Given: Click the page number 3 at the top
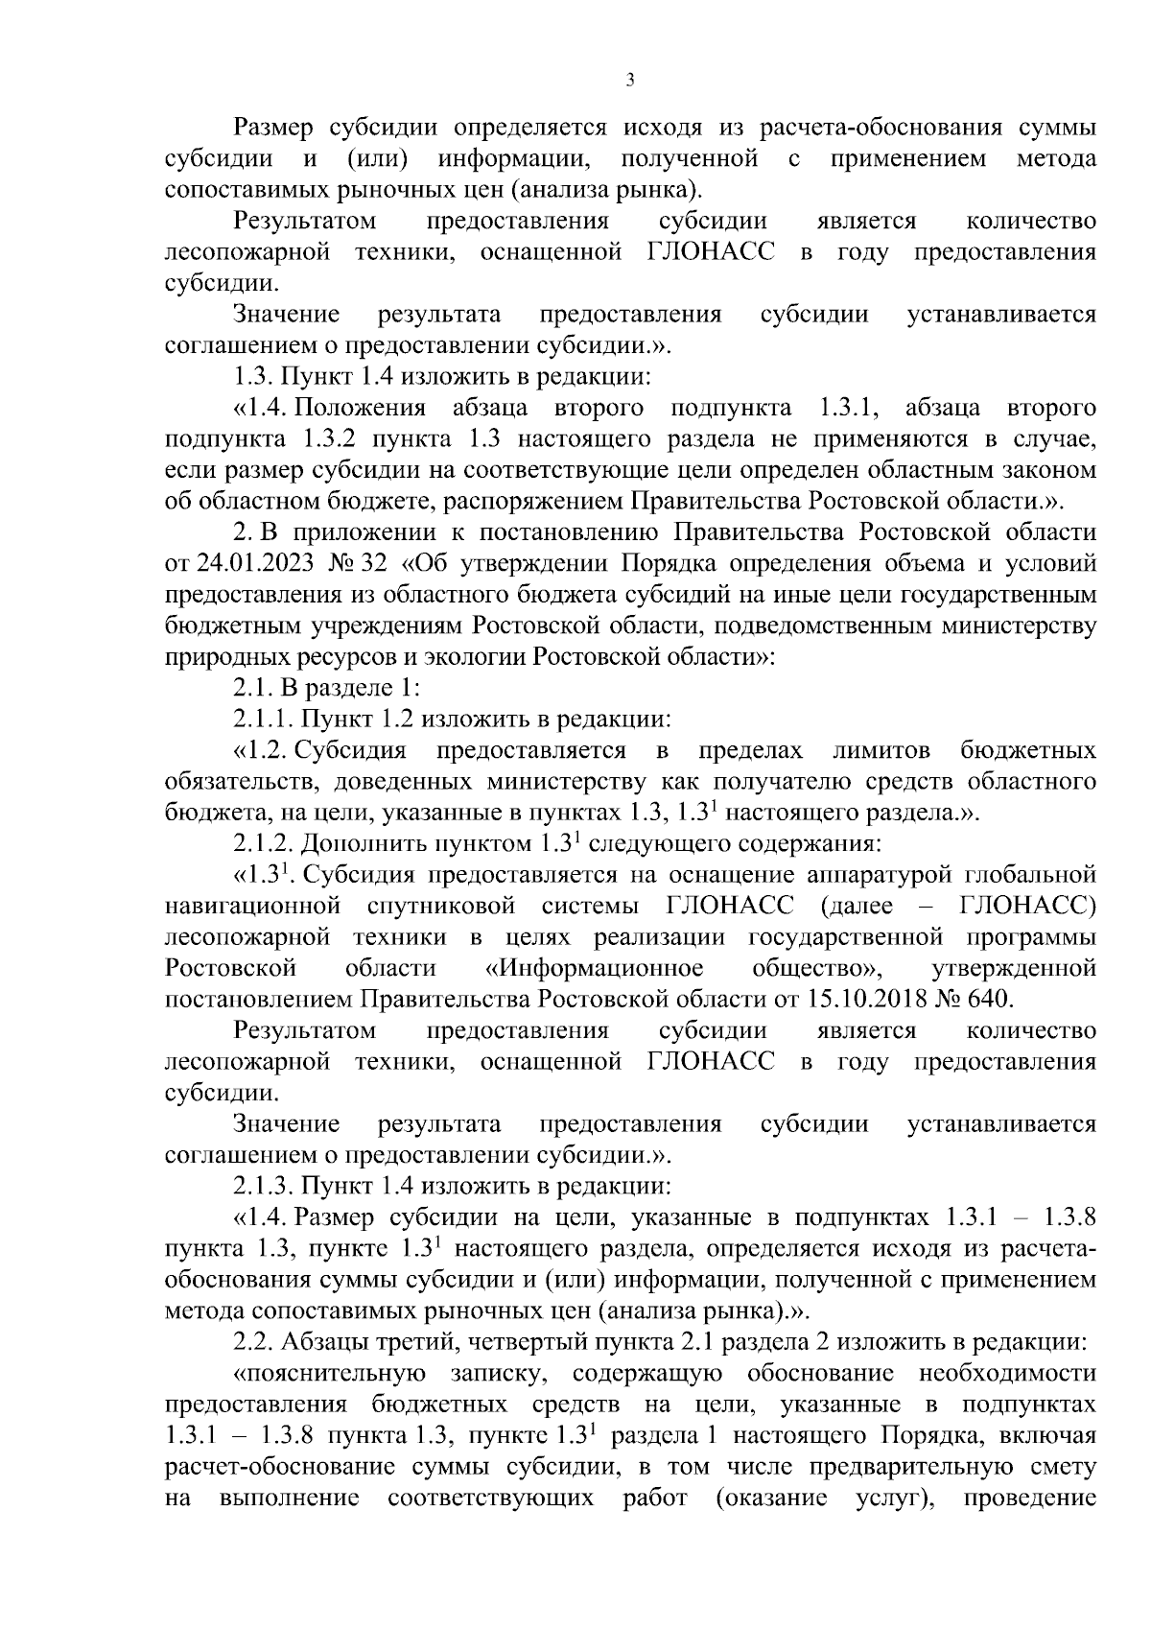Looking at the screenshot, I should tap(629, 82).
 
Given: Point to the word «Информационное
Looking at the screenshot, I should tap(595, 967).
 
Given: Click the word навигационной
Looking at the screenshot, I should tap(253, 905).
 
